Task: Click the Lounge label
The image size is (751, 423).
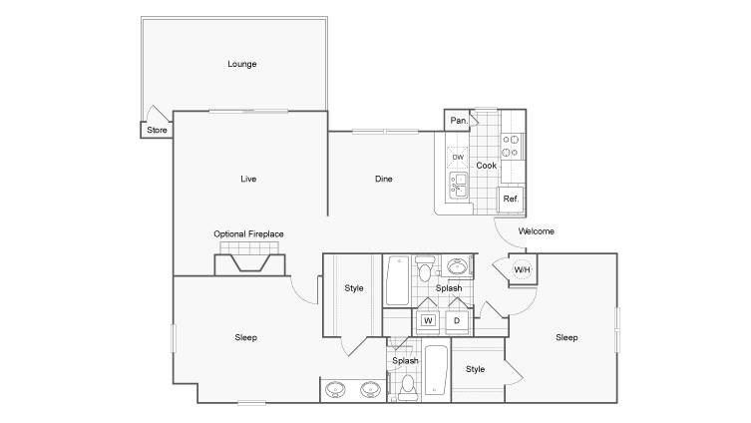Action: tap(242, 64)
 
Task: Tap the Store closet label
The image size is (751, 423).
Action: tap(157, 130)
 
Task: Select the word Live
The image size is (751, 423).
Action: tap(248, 179)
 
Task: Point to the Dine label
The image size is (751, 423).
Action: tap(384, 179)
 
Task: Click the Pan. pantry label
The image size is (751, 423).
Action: tap(459, 121)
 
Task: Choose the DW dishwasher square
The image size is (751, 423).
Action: tap(458, 157)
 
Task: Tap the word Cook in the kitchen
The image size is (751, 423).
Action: tap(486, 166)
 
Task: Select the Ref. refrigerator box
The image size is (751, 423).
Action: tap(511, 199)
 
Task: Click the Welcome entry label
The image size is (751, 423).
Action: tap(536, 230)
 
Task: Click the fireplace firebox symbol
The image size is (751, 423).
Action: tap(249, 263)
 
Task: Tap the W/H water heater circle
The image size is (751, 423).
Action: tap(522, 269)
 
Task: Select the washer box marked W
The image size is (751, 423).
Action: tap(428, 320)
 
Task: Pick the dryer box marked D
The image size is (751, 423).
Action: tap(457, 320)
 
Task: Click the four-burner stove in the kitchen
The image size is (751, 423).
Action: tap(510, 146)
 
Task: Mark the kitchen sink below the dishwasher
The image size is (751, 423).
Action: tap(459, 186)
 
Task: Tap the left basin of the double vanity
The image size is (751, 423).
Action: tap(335, 389)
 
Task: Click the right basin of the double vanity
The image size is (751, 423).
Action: tap(370, 389)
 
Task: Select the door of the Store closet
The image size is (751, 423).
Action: tap(158, 113)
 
